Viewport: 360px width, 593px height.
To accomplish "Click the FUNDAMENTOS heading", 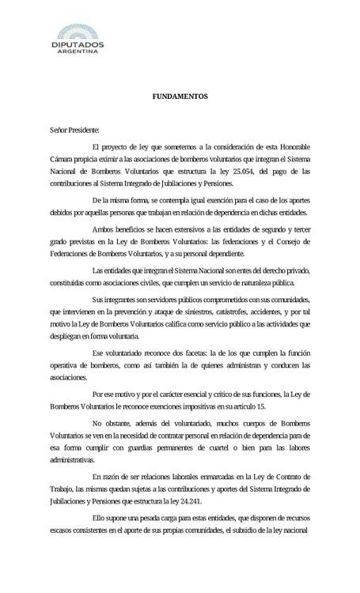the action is pos(180,97).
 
